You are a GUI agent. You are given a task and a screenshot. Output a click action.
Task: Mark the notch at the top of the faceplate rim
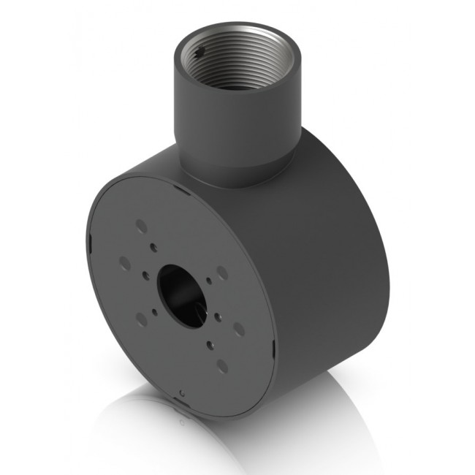tap(180, 188)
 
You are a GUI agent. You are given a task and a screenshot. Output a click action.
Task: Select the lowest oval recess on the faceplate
tap(222, 366)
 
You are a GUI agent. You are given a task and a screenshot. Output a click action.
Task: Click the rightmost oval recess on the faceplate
tap(239, 329)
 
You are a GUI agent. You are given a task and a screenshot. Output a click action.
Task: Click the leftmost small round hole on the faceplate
tap(145, 275)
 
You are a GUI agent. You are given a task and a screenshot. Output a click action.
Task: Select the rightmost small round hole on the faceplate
tap(218, 315)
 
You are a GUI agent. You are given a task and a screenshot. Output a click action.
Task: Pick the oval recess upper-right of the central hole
tap(222, 272)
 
